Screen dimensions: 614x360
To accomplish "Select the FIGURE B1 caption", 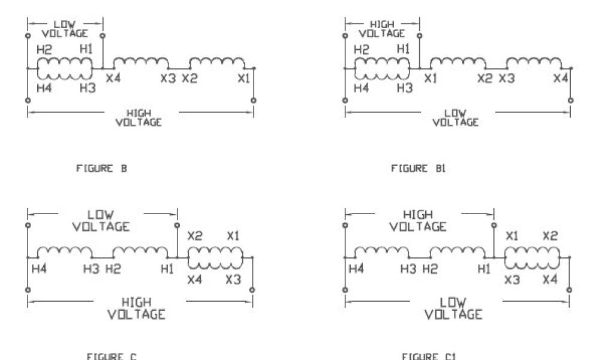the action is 418,169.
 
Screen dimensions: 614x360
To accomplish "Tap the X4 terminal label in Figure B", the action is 113,79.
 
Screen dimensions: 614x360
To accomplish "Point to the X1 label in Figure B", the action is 243,79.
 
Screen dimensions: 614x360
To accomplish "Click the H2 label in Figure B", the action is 44,50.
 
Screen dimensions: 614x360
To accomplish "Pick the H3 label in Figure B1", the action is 405,88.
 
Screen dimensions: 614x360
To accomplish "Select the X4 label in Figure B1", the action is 561,79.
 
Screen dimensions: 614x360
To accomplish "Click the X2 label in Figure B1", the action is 484,79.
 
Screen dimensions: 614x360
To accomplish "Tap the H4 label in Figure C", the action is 40,269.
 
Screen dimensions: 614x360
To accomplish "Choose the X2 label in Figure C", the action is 195,236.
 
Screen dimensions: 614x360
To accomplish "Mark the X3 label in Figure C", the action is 233,279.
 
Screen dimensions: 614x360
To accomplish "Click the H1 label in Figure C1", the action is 483,269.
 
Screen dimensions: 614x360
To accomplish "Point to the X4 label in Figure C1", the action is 550,279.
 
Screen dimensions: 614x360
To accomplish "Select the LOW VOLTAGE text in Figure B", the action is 65,29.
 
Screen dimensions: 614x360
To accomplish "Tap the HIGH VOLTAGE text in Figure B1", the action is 382,29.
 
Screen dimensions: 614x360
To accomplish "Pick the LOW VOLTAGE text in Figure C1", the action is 453,308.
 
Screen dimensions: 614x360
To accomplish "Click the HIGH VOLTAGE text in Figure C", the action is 137,308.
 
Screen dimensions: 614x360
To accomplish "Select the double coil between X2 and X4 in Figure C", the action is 215,258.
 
